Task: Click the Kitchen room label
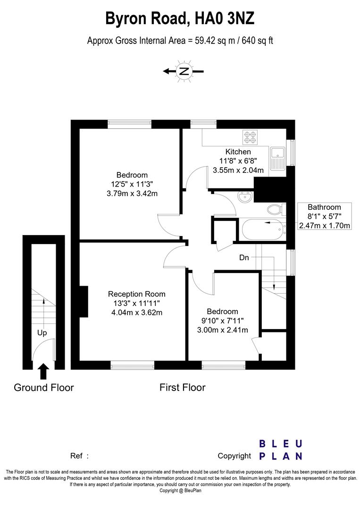click(238, 152)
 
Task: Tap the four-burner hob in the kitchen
click(250, 137)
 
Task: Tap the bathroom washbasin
click(244, 196)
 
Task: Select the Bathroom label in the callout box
click(324, 207)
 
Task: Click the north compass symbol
click(184, 71)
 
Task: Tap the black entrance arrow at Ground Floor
click(43, 371)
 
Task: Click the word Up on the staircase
click(42, 332)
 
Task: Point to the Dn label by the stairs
click(243, 257)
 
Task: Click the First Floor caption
click(182, 388)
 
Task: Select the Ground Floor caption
click(43, 388)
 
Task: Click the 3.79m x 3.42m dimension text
click(132, 193)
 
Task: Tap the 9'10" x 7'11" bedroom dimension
click(222, 321)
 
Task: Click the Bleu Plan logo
click(281, 450)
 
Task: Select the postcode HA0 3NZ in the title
click(223, 18)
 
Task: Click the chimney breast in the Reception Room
click(84, 301)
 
